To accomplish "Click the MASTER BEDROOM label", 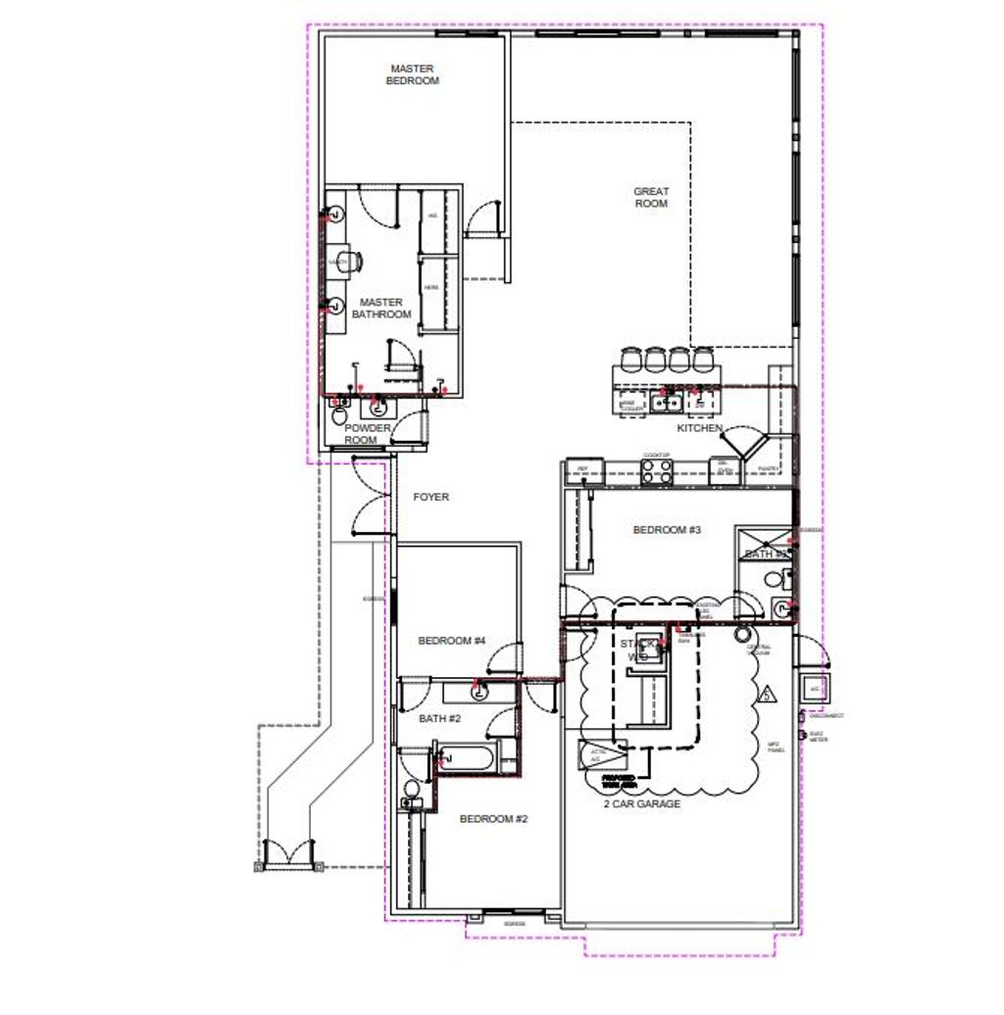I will (x=413, y=75).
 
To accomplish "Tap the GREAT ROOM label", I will (x=651, y=197).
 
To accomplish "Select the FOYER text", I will (x=430, y=498).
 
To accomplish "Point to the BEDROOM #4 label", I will (x=452, y=641).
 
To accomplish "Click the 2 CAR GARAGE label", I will (x=642, y=804).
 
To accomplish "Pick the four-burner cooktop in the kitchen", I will (x=655, y=472).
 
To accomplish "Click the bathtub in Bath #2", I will (x=467, y=757).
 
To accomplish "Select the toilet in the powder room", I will (x=340, y=416).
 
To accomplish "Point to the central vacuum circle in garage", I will (x=742, y=633).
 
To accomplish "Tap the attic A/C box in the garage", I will (x=601, y=755).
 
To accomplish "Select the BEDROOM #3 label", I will (x=667, y=530).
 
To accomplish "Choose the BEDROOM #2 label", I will (x=493, y=819).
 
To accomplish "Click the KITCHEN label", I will (x=700, y=429).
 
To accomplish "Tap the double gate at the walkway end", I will (x=287, y=853).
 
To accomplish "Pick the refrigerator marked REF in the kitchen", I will (x=582, y=472).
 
